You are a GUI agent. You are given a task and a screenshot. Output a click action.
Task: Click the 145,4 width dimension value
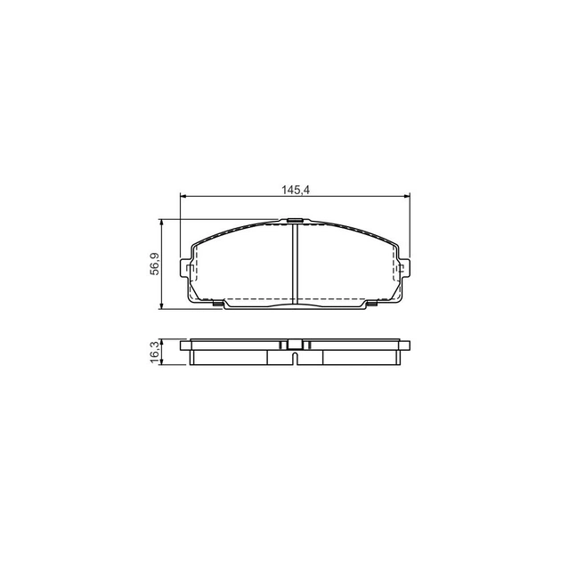point(295,191)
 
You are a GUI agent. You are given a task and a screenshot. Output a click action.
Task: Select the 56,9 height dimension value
point(155,264)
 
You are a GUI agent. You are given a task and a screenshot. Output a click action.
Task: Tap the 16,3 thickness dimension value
point(155,353)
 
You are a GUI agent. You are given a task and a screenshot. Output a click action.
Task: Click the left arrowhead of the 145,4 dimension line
point(183,196)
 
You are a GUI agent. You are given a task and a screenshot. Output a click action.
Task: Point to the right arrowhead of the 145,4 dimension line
point(406,196)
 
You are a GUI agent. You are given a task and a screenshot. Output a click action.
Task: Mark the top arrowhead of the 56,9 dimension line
point(162,223)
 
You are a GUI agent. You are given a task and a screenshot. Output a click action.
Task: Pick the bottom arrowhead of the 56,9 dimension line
point(162,305)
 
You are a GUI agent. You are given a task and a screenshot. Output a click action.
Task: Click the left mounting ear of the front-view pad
point(184,268)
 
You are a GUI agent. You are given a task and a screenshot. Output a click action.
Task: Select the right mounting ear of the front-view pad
point(405,268)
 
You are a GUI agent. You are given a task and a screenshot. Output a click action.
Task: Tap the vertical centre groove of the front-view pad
point(295,264)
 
